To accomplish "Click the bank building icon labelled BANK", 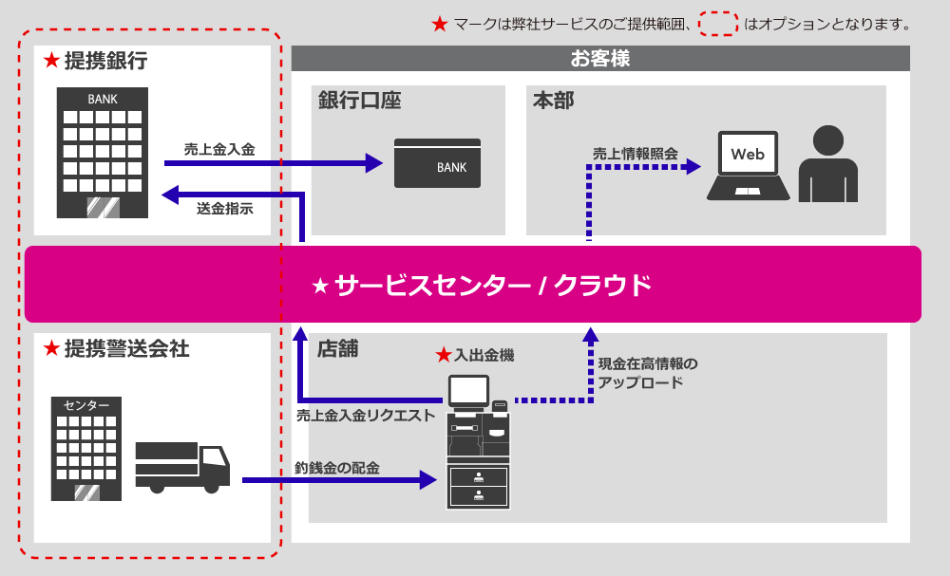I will point(103,152).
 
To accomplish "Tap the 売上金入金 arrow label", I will point(219,149).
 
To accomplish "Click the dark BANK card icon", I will point(437,164).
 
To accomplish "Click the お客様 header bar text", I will point(600,59).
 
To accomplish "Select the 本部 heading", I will point(553,101).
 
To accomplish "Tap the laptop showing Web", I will point(748,166).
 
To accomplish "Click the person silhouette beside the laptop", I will point(827,165).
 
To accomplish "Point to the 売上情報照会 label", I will point(636,152).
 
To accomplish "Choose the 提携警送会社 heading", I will point(125,348).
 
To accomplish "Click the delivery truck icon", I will point(182,466).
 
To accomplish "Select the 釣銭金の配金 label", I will point(337,467).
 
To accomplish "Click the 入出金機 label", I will point(484,355).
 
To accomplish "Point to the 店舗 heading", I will point(338,348).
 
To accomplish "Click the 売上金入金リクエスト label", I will point(366,415).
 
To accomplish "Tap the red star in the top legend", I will point(439,24).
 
